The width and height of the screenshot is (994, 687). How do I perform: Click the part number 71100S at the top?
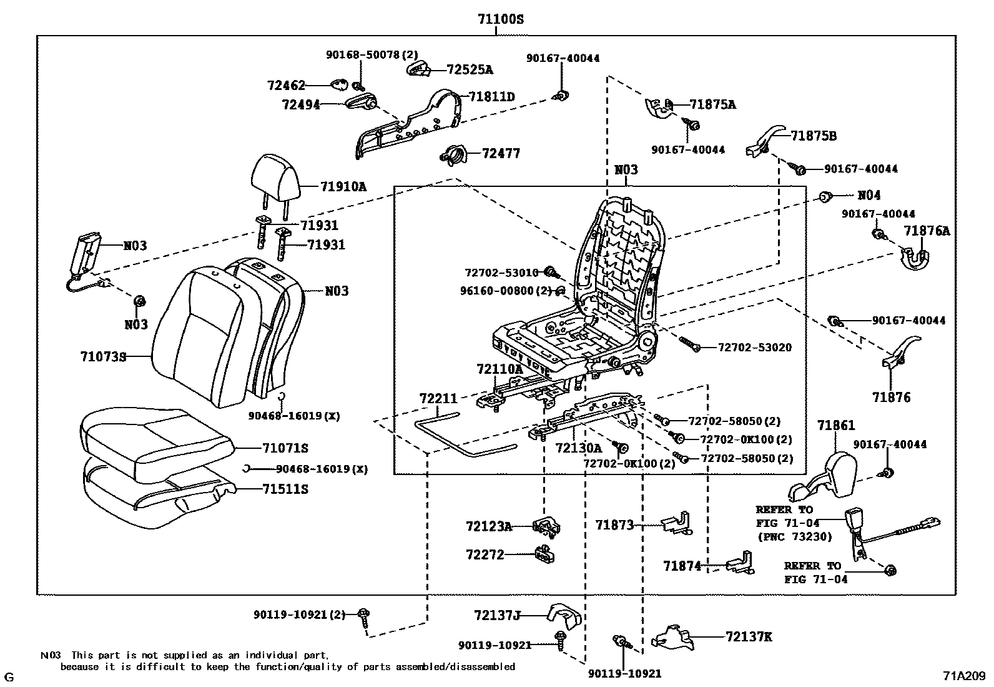point(500,19)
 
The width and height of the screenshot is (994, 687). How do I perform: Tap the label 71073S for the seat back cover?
point(103,357)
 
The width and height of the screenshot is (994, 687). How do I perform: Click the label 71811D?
point(492,97)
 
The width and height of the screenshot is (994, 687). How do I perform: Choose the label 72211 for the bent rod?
point(438,398)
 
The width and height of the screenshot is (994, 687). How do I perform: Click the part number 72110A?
point(499,369)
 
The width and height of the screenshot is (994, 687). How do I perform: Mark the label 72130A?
point(578,448)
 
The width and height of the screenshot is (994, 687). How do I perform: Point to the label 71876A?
point(927,231)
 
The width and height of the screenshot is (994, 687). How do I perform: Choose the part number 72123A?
point(488,526)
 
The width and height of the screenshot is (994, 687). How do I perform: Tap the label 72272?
point(485,554)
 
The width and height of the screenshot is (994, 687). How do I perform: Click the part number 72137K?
point(749,637)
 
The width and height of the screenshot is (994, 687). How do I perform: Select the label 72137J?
point(497,616)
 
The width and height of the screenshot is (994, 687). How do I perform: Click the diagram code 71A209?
point(963,676)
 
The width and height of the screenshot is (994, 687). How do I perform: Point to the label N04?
point(869,195)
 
